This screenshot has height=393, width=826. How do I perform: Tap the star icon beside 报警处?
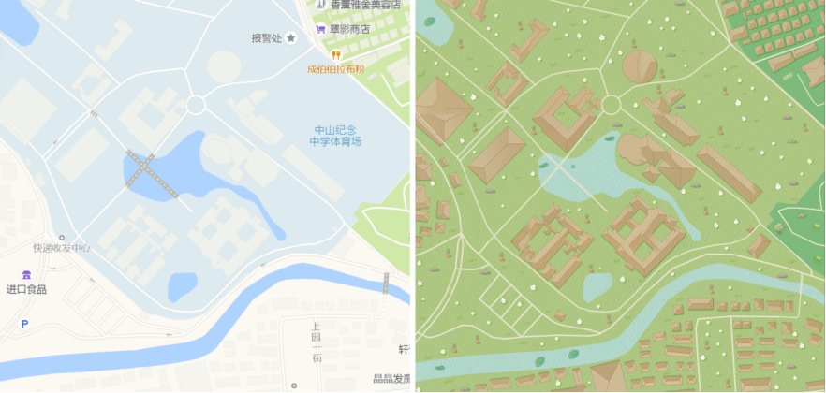tap(291, 38)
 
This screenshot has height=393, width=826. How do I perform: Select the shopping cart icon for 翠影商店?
tap(320, 29)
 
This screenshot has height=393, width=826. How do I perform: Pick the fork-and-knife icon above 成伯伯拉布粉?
tap(335, 55)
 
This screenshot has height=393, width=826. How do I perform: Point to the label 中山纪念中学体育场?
tap(335, 136)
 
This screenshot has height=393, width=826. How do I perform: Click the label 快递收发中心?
tap(62, 248)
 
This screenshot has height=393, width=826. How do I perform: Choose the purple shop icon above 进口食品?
tap(26, 275)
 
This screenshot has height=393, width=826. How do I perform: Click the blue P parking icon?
tap(24, 325)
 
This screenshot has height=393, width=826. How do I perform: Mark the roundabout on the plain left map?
tap(195, 104)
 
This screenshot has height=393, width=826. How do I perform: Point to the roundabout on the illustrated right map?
tap(611, 104)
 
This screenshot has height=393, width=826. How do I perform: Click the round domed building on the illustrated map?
tap(641, 66)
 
